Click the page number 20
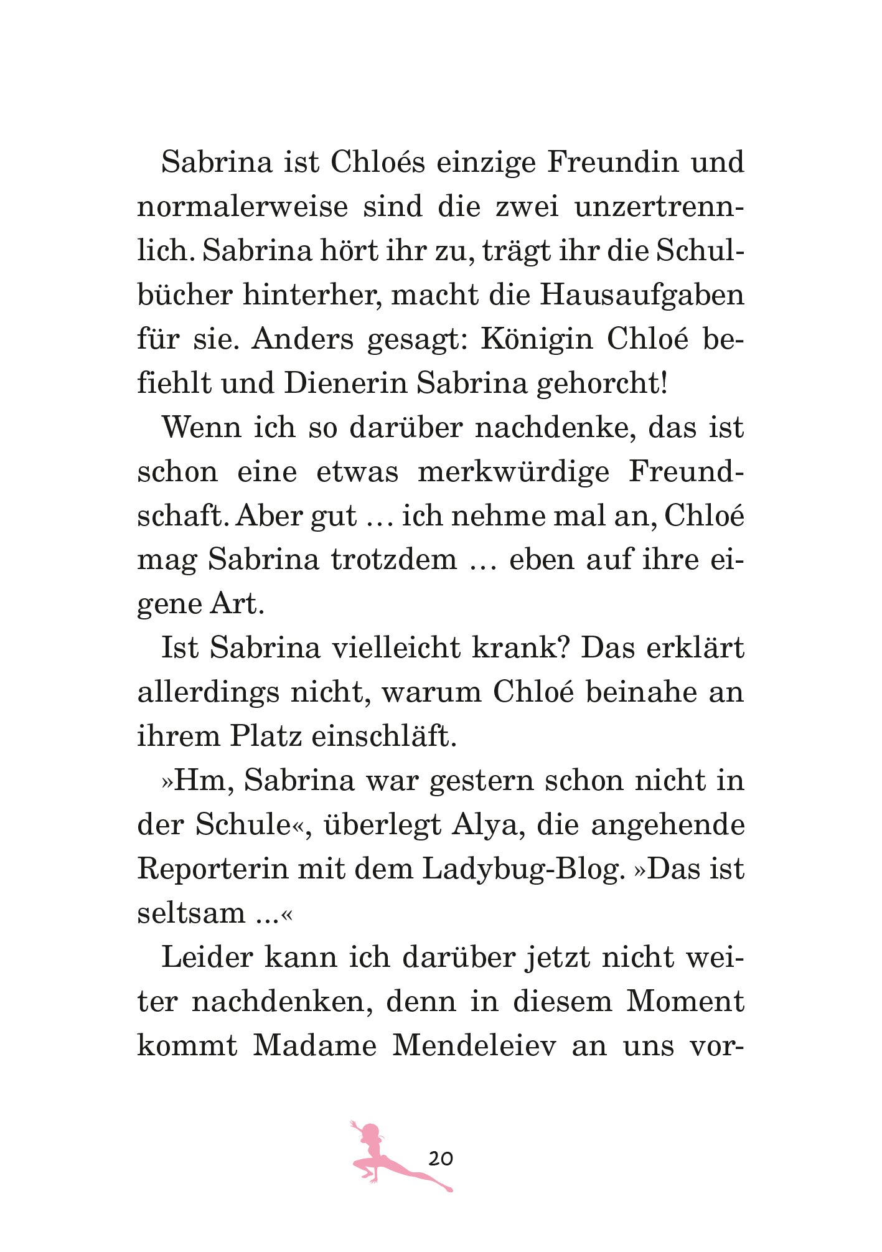pos(441,1159)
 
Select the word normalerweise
pos(242,206)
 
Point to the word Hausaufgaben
pos(642,294)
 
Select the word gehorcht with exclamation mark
pos(602,384)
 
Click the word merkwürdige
pos(514,471)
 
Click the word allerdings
pos(208,692)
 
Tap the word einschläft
pos(384,737)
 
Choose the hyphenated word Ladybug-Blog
pos(523,869)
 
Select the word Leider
pos(206,958)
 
